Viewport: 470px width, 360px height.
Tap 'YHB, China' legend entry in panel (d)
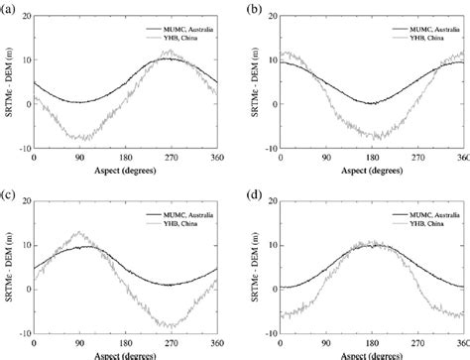point(426,225)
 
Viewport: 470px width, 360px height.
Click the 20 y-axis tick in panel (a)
point(24,17)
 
